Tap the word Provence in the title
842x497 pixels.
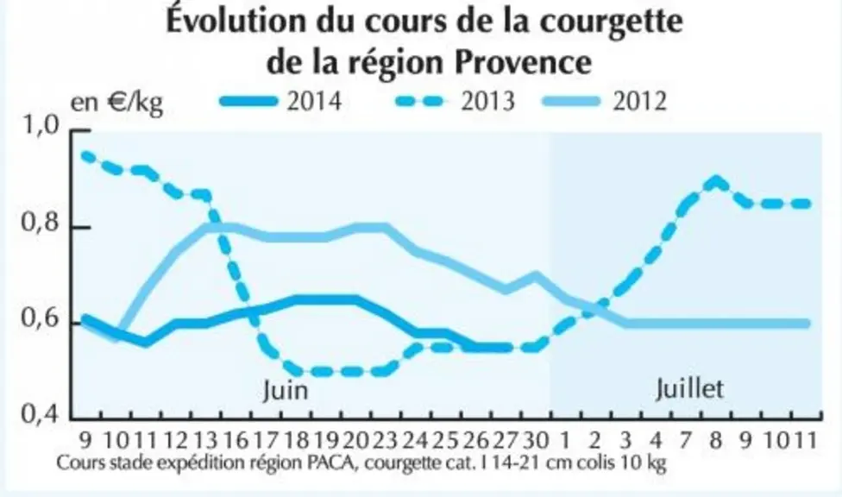point(523,63)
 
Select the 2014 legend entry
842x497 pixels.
point(281,101)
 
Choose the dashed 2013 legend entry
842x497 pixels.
point(455,101)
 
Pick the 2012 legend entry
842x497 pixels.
point(604,101)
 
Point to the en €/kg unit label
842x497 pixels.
point(116,102)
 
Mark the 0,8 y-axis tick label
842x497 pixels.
point(39,223)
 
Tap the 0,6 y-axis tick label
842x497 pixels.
point(39,318)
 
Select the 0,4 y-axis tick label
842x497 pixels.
point(39,414)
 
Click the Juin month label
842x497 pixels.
point(286,390)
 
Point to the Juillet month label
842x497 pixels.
point(689,388)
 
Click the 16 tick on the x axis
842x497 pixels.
point(236,441)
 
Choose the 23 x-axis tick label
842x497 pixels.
point(385,441)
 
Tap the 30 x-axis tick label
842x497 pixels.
point(536,441)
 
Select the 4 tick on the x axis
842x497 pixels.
point(656,441)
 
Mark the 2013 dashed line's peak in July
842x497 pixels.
point(715,181)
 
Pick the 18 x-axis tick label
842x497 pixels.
point(297,441)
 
